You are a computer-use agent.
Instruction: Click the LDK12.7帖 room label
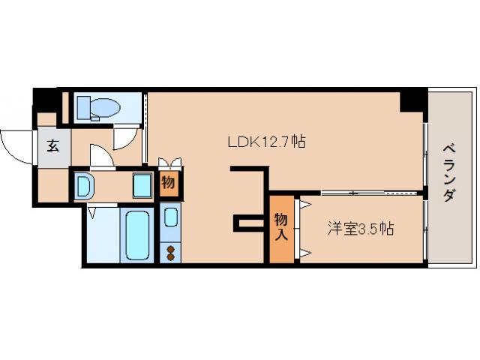pos(266,141)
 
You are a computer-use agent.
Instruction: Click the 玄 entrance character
pos(53,147)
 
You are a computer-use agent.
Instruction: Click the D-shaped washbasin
pos(84,185)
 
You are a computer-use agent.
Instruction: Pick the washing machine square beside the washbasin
pos(142,184)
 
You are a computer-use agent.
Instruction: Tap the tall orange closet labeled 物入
pos(281,227)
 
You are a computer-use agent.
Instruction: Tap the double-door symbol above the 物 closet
pos(169,163)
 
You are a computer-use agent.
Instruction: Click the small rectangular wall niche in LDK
pos(247,222)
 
